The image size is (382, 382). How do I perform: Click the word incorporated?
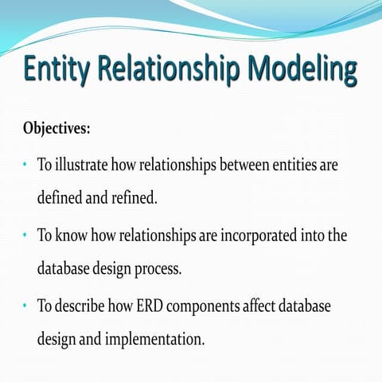239,236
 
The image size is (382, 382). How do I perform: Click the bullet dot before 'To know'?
25,236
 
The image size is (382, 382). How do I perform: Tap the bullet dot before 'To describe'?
25,306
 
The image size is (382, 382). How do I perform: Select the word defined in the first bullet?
61,197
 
